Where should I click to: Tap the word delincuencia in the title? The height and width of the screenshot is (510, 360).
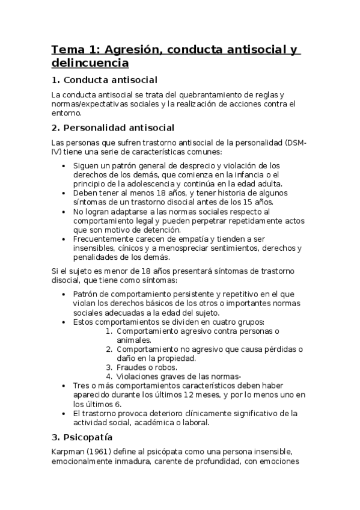90,62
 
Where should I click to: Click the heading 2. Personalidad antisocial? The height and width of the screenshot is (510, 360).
112,127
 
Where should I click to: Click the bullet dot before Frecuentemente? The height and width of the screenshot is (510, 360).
65,239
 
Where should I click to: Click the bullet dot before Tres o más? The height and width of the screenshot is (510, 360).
65,386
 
